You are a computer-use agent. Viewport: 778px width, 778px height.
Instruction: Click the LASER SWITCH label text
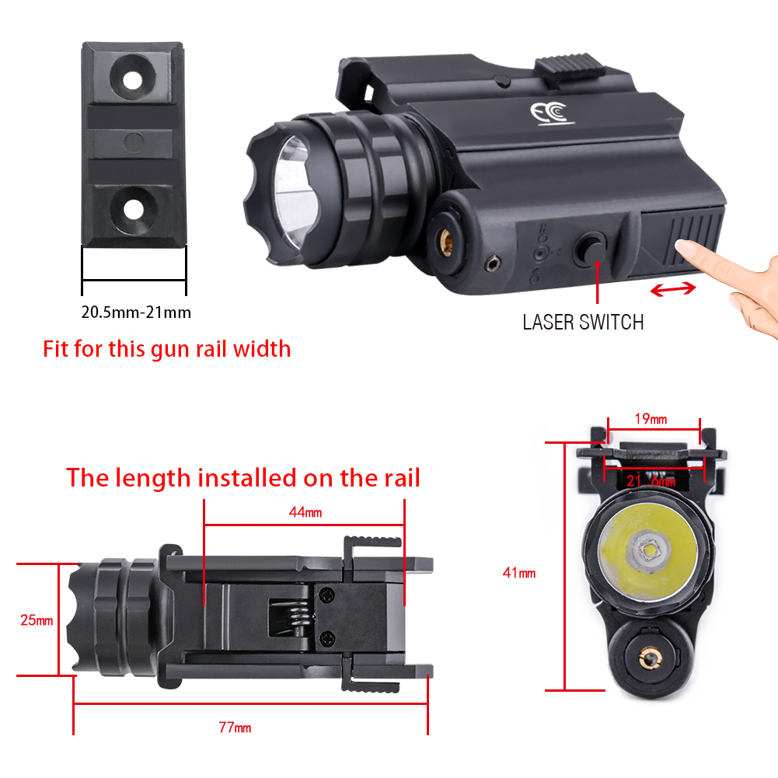click(583, 323)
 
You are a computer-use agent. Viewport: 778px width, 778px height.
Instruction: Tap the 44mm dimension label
click(305, 512)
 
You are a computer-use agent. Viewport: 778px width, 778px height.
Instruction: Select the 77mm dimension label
click(235, 727)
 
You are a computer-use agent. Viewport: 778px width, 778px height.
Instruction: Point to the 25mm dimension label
click(37, 620)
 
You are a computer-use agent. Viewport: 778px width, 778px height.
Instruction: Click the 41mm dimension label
click(519, 573)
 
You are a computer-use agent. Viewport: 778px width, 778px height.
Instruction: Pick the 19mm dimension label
click(651, 419)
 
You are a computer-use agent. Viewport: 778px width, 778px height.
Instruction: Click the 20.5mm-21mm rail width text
click(136, 312)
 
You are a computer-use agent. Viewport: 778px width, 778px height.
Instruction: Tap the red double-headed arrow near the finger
click(673, 289)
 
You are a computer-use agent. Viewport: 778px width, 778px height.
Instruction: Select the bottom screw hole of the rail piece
click(133, 209)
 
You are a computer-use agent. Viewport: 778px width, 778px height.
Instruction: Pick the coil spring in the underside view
click(298, 617)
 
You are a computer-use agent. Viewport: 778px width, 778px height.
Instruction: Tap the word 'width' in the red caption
click(262, 349)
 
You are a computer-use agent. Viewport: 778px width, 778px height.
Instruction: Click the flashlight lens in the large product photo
click(295, 194)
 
